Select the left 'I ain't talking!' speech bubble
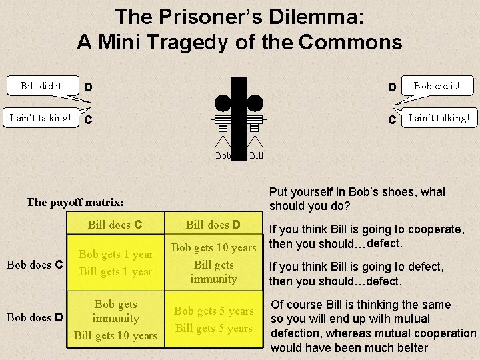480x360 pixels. coord(37,119)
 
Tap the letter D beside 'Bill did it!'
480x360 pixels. coord(88,87)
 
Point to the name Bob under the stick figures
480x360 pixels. coord(224,155)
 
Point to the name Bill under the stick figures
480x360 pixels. coord(257,155)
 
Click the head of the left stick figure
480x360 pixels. coord(223,103)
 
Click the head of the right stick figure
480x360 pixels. coord(255,103)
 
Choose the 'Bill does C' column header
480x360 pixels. coord(117,224)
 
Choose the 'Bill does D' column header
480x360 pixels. coord(213,224)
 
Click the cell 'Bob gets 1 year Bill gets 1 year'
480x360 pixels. coord(117,263)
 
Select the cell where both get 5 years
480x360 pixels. coord(213,319)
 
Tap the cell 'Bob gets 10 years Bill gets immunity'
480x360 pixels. coord(213,263)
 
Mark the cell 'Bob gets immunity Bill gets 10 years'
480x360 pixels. coord(117,319)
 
